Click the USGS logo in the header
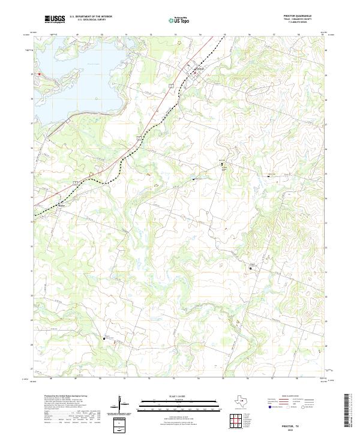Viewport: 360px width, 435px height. pyautogui.click(x=55, y=19)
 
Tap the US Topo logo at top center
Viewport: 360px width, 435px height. pyautogui.click(x=179, y=20)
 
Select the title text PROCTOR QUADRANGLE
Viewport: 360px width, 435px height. pyautogui.click(x=302, y=16)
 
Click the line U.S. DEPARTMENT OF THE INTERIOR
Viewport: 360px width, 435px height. pyautogui.click(x=91, y=16)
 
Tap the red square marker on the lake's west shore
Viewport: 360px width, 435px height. pyautogui.click(x=40, y=74)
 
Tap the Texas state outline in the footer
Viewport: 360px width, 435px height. pyautogui.click(x=242, y=401)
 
